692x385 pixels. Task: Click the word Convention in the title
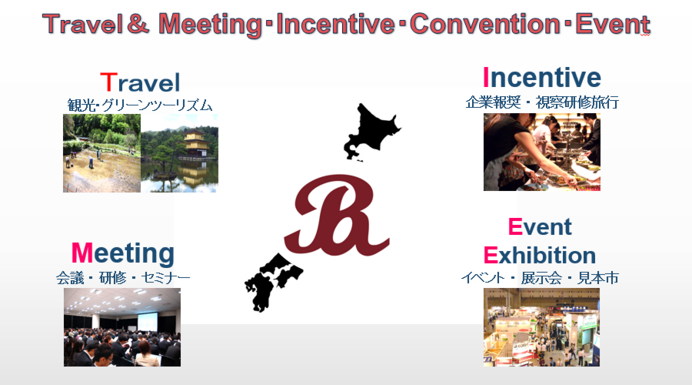point(484,24)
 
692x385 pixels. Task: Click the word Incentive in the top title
point(334,24)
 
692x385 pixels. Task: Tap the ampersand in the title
point(138,24)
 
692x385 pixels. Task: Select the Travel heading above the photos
point(140,82)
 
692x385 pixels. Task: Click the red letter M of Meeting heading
point(82,253)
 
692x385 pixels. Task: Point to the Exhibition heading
point(539,255)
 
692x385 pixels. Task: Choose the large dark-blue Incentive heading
point(542,77)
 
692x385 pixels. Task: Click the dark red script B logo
point(337,216)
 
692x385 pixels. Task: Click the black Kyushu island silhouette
point(261,288)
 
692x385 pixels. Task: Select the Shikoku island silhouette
point(287,269)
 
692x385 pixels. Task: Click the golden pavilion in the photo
point(195,143)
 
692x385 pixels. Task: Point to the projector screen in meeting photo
point(148,322)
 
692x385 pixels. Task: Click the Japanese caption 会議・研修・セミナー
point(123,278)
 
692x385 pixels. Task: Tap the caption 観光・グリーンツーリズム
point(140,105)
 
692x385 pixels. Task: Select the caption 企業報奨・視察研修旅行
point(542,102)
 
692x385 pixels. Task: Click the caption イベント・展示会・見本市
point(540,278)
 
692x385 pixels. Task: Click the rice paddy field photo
point(102,153)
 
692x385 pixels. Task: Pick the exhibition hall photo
point(541,327)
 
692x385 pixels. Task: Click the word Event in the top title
point(613,24)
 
